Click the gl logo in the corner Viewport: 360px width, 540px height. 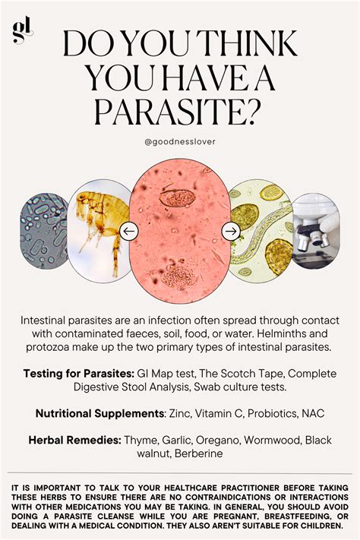(21, 30)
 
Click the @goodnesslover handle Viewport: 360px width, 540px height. (180, 141)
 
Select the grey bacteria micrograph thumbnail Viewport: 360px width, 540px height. (43, 232)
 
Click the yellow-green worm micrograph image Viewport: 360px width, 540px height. (261, 231)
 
